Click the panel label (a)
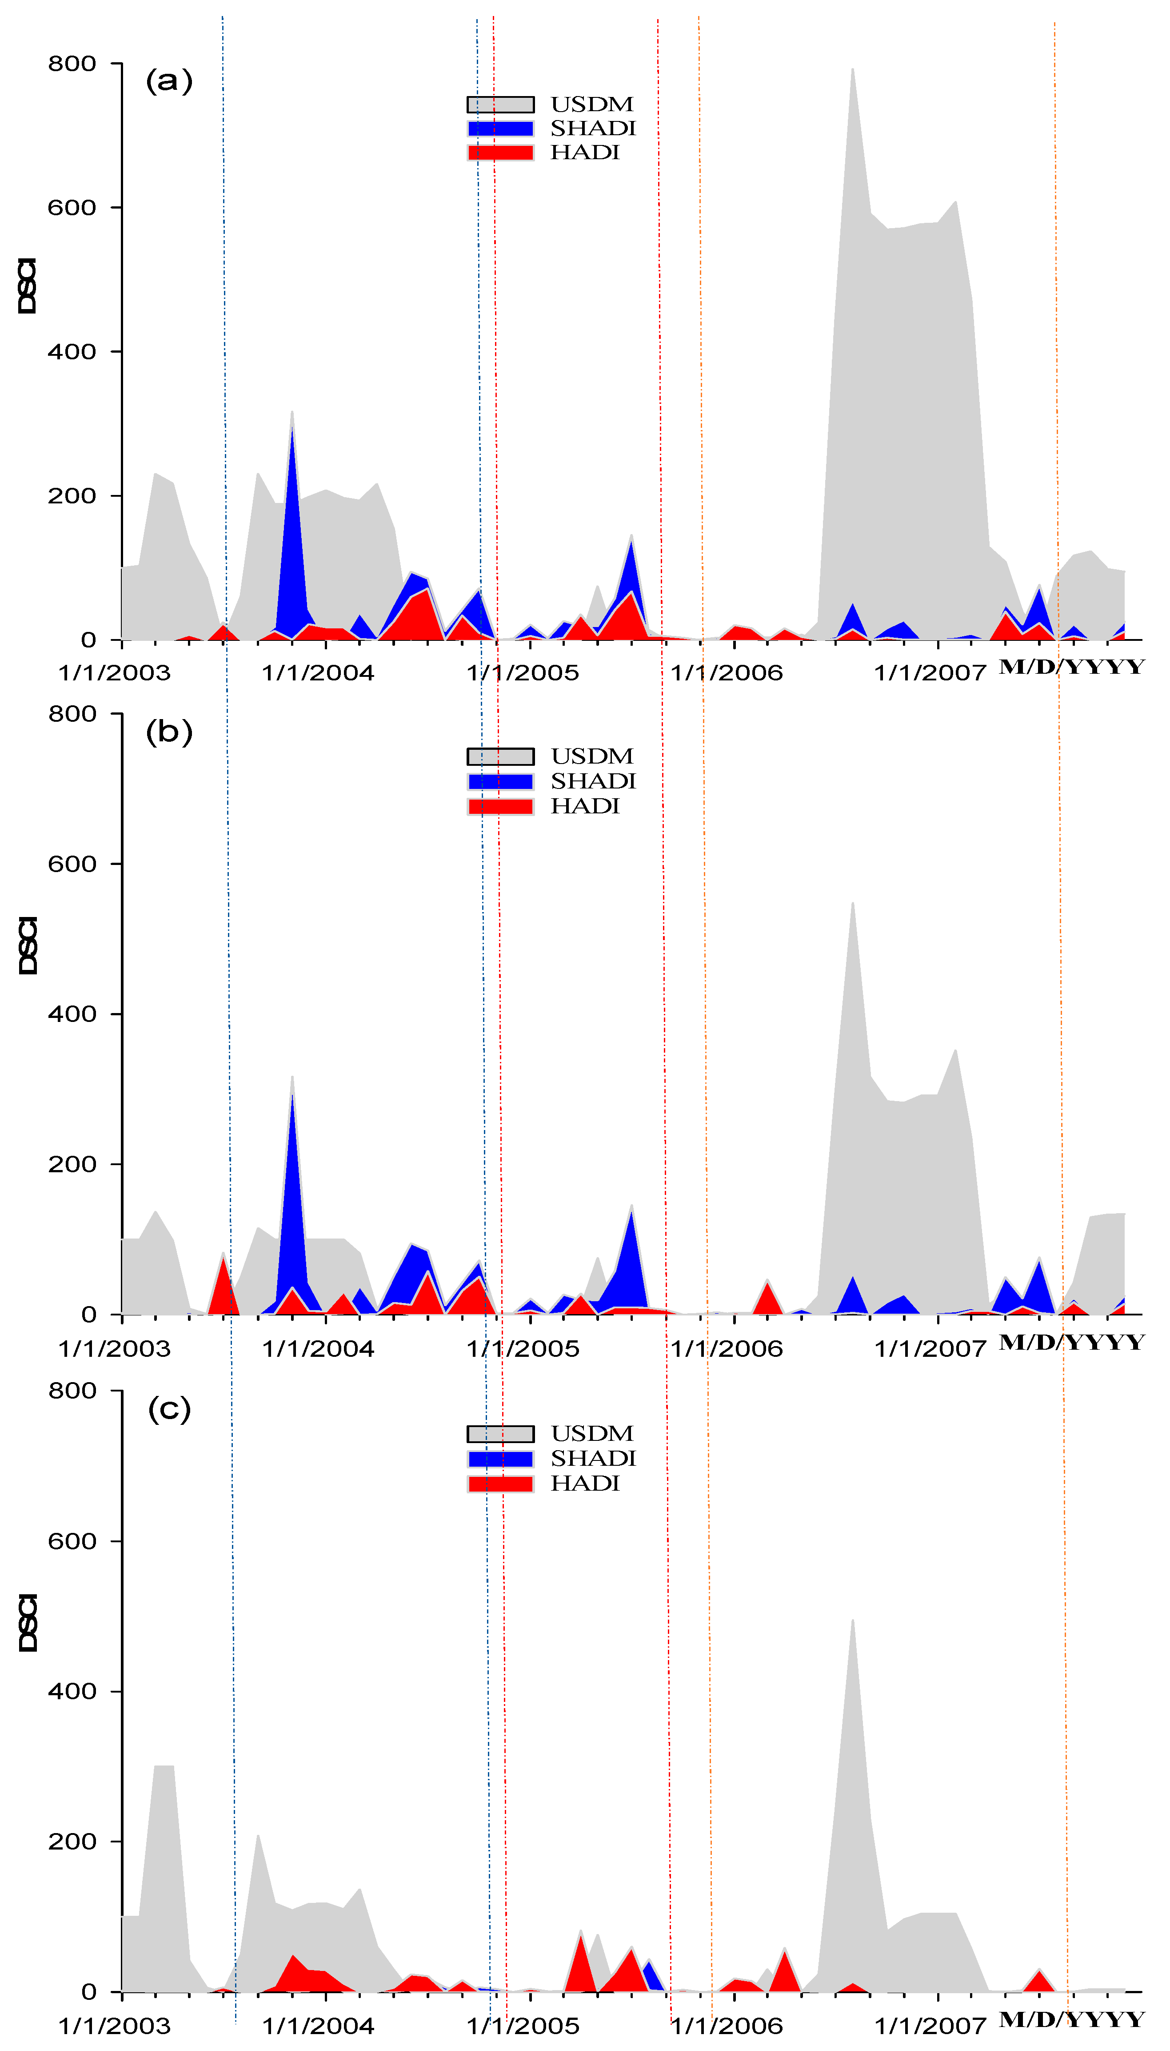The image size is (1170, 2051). click(x=169, y=81)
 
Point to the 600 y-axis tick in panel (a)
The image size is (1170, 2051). click(x=72, y=207)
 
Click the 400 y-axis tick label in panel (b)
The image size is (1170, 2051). click(x=72, y=1014)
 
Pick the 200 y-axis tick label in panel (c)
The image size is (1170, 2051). click(x=72, y=1841)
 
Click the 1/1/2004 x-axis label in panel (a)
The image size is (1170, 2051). click(x=318, y=673)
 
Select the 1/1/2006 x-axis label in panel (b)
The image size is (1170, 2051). click(x=727, y=1349)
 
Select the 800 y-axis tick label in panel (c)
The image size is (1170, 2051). click(x=72, y=1391)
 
